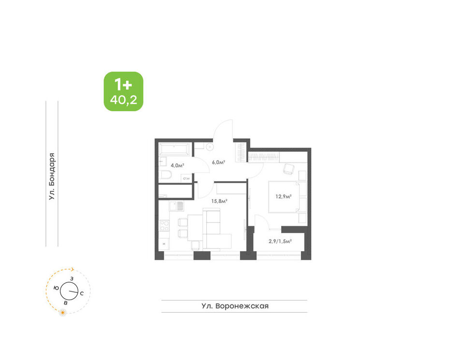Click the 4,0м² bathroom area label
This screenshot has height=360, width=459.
(177, 165)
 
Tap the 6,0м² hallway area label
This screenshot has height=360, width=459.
(218, 162)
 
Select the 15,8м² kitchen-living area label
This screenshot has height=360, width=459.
(219, 201)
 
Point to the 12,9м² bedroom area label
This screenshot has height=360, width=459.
(283, 196)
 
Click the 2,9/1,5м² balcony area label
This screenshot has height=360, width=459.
(280, 242)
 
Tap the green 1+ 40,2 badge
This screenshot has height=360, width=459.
(124, 91)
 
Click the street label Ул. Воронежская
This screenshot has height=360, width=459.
(235, 306)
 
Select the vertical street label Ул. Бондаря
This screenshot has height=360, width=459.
(52, 176)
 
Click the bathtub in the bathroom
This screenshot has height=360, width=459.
(175, 149)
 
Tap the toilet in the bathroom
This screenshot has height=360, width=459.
(167, 175)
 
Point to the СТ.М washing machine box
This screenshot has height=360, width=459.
(186, 178)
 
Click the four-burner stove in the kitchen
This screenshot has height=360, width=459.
(164, 226)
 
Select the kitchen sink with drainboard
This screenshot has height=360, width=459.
(176, 206)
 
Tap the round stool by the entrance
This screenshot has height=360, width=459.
(210, 147)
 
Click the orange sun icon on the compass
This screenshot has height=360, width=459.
(63, 313)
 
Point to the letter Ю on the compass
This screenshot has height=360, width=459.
(56, 288)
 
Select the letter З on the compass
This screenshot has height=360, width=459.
(72, 279)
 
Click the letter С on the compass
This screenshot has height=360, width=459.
(82, 293)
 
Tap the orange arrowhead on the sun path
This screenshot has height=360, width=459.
(73, 270)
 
